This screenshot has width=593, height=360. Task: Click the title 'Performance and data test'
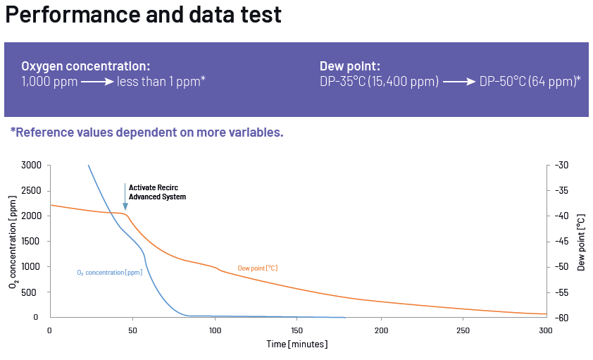(144, 15)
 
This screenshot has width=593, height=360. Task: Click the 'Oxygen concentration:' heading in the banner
(85, 66)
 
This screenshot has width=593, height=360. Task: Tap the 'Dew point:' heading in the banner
(350, 66)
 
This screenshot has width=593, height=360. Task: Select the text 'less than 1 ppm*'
(161, 82)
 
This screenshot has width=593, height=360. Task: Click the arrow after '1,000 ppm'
(97, 82)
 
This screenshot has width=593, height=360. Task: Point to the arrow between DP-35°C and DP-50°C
(459, 82)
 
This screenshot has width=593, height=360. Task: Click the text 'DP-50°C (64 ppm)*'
(530, 82)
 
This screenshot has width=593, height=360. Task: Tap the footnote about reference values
(146, 132)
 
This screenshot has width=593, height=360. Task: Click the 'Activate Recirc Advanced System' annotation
(157, 192)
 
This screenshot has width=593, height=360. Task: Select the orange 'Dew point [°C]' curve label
(258, 268)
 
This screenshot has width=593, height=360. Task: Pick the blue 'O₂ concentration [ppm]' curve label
(109, 272)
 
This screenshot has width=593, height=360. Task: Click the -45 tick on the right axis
(561, 242)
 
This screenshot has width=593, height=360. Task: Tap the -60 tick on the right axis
(561, 318)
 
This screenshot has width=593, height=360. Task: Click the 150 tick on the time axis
(298, 330)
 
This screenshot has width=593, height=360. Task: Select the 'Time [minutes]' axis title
(297, 345)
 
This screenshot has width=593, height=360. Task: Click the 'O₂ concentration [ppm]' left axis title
(13, 241)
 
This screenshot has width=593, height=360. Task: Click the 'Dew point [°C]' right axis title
(582, 241)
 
